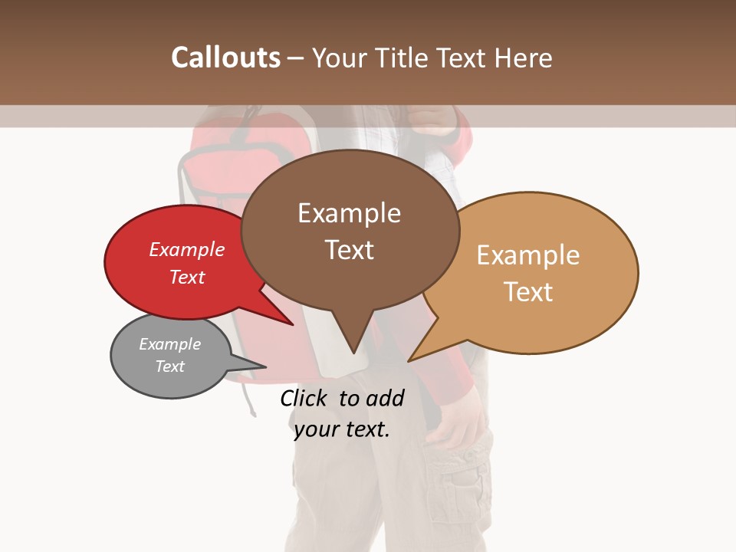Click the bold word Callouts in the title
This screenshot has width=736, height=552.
[225, 58]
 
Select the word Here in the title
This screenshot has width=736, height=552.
[524, 58]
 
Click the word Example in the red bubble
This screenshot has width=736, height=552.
[186, 250]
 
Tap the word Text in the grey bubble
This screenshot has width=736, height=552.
[169, 366]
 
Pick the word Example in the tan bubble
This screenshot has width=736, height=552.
[528, 255]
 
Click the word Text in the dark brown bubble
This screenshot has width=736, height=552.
[350, 250]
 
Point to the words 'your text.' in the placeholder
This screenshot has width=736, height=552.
[342, 429]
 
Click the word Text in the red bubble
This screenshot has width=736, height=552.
[186, 278]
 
